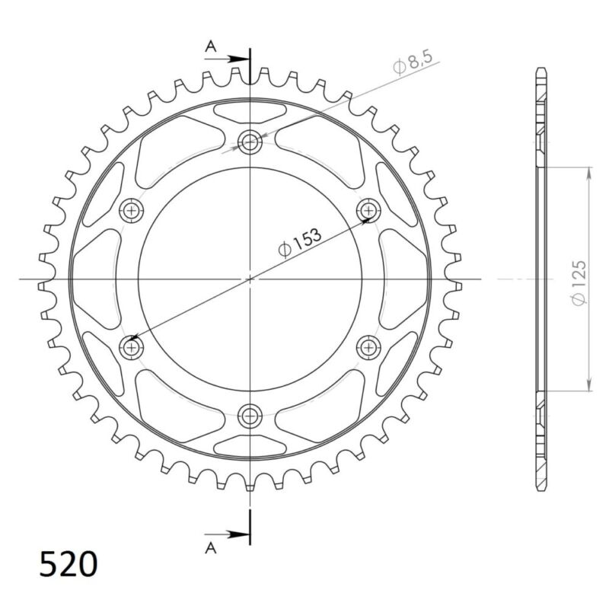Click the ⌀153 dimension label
300,242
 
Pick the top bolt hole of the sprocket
250,141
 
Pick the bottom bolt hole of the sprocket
250,416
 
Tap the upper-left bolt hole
132,210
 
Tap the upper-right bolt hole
368,210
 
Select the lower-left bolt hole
132,347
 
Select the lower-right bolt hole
368,347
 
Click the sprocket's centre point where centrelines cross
250,279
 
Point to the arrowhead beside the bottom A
241,533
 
